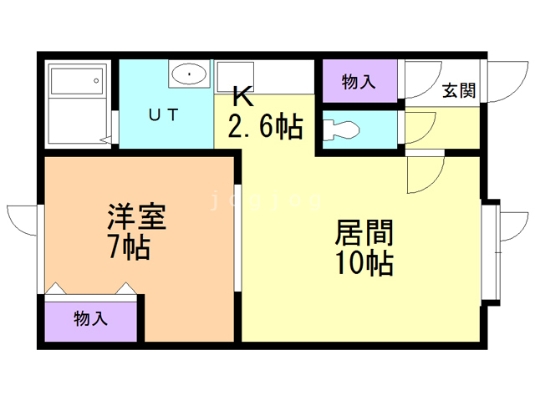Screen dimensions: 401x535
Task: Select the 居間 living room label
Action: coord(364,232)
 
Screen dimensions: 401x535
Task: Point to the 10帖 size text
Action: coord(364,263)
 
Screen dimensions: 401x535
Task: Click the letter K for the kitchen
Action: coord(241,94)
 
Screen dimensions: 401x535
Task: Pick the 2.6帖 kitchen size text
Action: coord(265,127)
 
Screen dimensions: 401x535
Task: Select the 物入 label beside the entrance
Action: coord(359,81)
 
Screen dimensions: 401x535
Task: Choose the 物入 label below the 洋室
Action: coord(90,318)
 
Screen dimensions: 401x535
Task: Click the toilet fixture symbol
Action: coord(341,129)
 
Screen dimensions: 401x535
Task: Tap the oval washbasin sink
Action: coord(191,75)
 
